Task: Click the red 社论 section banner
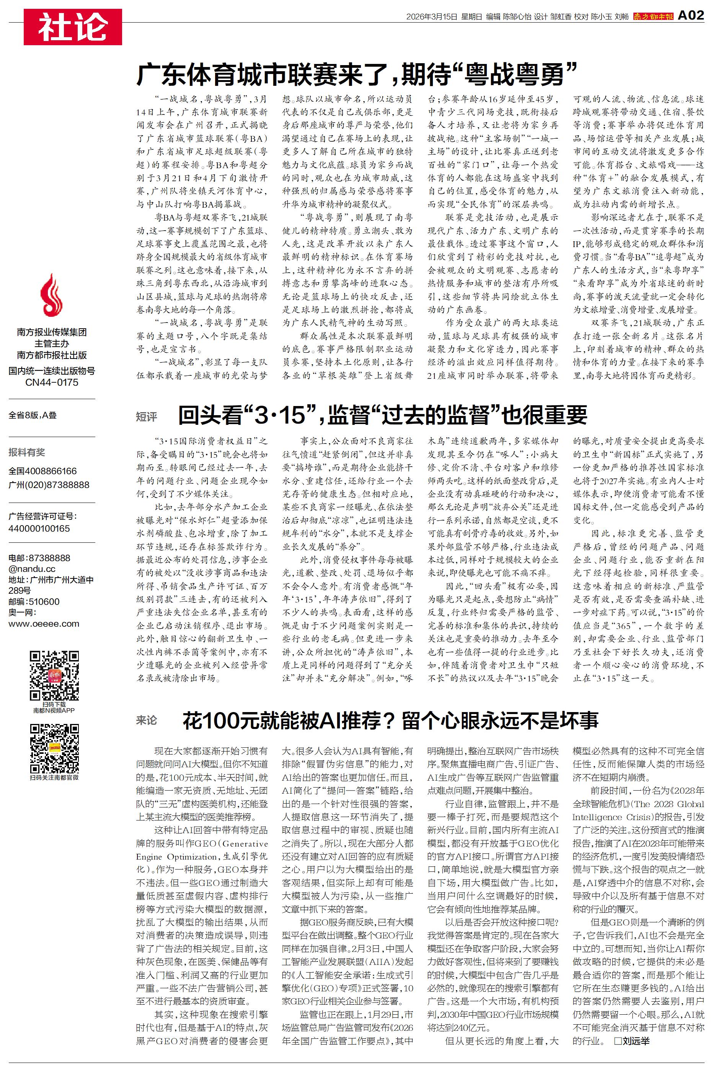(73, 27)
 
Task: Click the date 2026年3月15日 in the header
(431, 16)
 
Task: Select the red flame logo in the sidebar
(51, 295)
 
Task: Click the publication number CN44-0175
(51, 382)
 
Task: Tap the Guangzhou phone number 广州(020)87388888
(49, 485)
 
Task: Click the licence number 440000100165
(39, 528)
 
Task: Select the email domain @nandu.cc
(32, 569)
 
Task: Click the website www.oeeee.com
(44, 623)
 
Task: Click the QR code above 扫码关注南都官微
(54, 748)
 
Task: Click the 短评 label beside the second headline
(147, 416)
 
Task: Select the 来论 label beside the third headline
(147, 720)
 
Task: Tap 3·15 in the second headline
(280, 414)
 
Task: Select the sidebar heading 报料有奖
(27, 452)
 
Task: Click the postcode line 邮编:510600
(34, 601)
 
